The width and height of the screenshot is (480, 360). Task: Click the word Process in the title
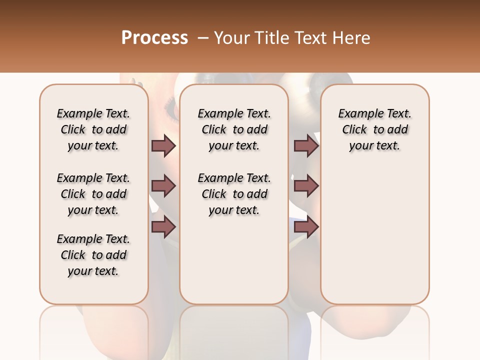click(154, 37)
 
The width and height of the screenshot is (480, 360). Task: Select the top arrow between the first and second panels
click(163, 146)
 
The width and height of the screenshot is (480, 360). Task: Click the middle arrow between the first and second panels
click(163, 186)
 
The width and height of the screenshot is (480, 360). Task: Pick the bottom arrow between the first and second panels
click(163, 227)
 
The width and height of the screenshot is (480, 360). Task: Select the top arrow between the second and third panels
click(306, 146)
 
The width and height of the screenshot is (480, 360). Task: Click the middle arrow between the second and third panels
click(306, 186)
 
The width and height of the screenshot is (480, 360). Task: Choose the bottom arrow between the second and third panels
click(306, 227)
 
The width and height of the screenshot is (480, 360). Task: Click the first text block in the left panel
click(93, 129)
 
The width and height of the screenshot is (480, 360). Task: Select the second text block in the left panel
click(93, 194)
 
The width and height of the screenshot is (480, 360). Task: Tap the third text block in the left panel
click(93, 255)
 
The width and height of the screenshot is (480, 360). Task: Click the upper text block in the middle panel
click(234, 129)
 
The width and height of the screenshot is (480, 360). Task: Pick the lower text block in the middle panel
click(234, 194)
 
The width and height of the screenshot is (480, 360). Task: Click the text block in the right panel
click(375, 129)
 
